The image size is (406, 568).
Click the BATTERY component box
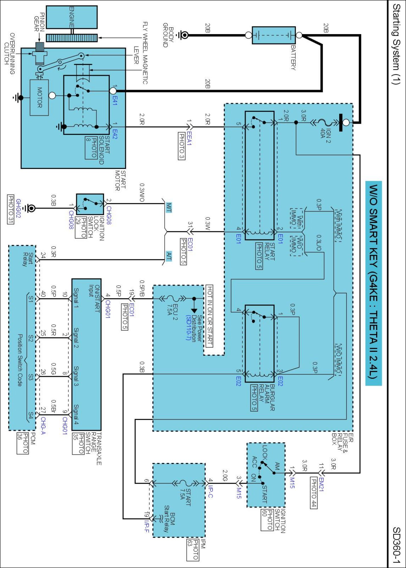coord(274,35)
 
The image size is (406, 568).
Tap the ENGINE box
coord(72,17)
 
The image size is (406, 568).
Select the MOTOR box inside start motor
coord(39,97)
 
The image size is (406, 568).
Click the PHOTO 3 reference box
coord(181,146)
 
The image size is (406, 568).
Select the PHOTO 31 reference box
coord(11,209)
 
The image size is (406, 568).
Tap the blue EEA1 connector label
coord(189,138)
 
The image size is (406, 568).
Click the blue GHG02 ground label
coord(18,208)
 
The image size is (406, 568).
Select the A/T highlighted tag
coord(169,256)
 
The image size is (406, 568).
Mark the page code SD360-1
coord(396,545)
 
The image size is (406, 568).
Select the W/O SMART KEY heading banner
coord(373,283)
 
